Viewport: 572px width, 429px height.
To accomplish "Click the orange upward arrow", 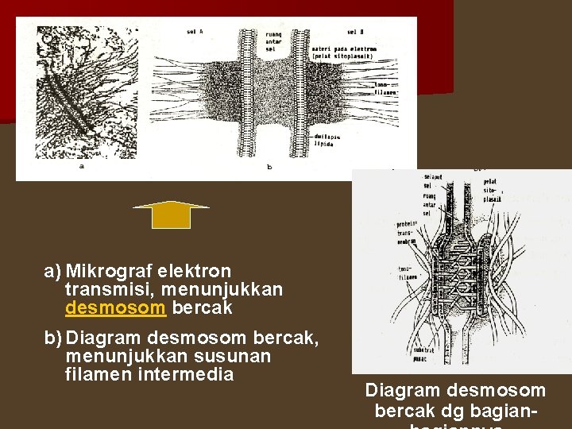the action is tap(171, 215).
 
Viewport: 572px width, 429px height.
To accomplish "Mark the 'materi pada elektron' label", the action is tap(344, 52).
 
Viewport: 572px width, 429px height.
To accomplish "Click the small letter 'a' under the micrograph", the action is tap(82, 165).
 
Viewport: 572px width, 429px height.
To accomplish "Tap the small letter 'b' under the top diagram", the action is tap(269, 167).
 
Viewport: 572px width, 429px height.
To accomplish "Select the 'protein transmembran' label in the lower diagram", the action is tap(406, 233).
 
